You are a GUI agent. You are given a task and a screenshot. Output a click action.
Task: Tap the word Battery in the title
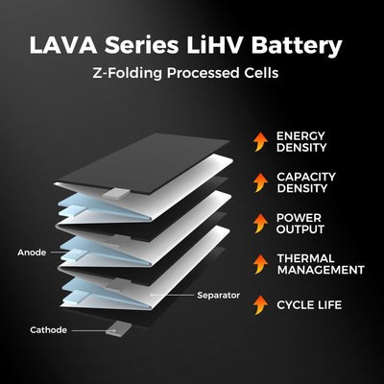tap(305, 45)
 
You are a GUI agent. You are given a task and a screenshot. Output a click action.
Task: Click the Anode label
tap(32, 252)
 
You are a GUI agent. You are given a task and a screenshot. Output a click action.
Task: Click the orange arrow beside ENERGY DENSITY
tap(259, 143)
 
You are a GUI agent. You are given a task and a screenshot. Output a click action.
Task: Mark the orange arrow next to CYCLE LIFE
tap(259, 304)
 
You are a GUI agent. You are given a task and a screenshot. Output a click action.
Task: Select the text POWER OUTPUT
tap(300, 224)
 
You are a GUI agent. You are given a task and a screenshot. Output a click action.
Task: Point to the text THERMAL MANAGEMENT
tap(319, 264)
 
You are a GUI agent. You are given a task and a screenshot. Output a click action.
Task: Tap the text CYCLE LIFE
tap(309, 304)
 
